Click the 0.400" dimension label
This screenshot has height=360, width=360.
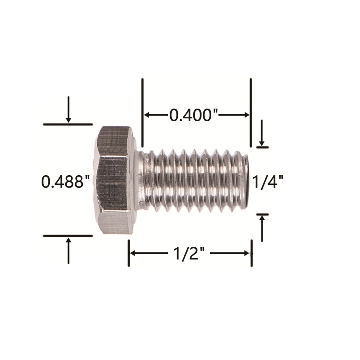pos(194,115)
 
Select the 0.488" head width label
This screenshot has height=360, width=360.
pos(65,181)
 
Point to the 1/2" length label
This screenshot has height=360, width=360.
pos(189,253)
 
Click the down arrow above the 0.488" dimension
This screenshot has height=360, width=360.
pos(68,109)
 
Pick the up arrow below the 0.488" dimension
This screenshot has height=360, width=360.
pos(68,251)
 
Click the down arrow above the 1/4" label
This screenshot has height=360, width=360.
pos(262,132)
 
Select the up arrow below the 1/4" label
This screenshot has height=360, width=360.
pos(262,229)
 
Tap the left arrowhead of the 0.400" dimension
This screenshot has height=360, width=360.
pos(147,115)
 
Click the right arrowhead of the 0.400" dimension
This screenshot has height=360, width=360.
pos(246,115)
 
